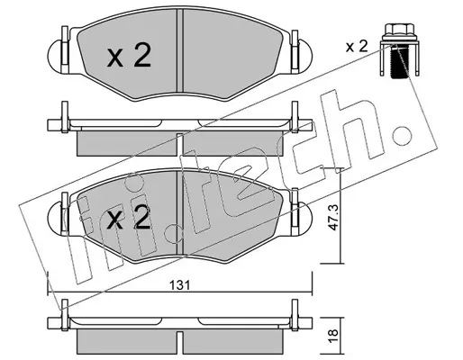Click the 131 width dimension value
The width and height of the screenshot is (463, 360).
tap(180, 285)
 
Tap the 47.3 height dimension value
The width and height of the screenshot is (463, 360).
tap(333, 217)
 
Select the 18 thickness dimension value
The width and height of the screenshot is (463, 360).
tap(333, 337)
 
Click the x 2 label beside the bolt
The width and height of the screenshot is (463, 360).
tap(357, 47)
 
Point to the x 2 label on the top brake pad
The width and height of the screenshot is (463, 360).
tap(129, 55)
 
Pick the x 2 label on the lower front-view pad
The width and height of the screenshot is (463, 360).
tap(129, 218)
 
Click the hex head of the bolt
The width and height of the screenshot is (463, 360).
tap(399, 31)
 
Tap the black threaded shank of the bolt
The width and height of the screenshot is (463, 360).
tap(399, 61)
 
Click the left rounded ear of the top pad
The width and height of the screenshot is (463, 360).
tap(55, 56)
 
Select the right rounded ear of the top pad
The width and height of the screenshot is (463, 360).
tap(305, 56)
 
